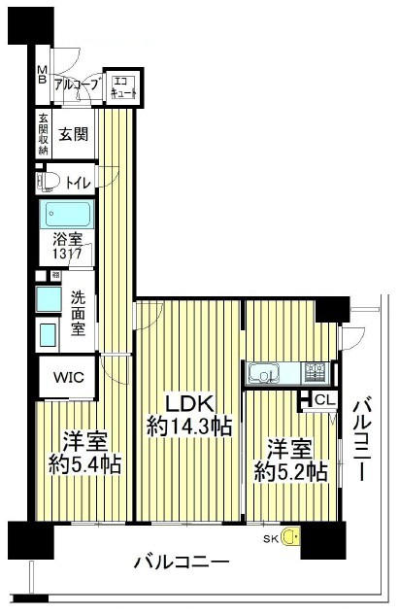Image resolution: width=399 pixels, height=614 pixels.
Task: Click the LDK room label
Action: (x=189, y=404)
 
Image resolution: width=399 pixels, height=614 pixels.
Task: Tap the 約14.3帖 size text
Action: (x=189, y=426)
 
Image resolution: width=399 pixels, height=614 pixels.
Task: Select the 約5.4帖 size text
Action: (x=84, y=464)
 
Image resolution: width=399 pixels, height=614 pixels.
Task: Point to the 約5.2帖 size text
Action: (x=290, y=471)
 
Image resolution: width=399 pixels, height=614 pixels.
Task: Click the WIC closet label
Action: (x=69, y=378)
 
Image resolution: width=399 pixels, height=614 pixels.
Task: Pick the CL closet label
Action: (x=325, y=400)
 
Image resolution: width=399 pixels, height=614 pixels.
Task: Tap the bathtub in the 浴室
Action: (x=69, y=214)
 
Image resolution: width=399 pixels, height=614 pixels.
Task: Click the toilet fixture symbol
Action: (x=48, y=183)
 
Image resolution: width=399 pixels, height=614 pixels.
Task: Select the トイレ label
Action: (x=79, y=183)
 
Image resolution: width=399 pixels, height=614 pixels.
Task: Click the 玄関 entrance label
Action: (x=74, y=134)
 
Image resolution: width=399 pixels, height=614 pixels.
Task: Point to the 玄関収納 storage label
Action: (x=43, y=134)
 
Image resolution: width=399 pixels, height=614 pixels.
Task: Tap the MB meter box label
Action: (x=42, y=75)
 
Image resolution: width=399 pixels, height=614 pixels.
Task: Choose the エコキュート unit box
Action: (x=123, y=86)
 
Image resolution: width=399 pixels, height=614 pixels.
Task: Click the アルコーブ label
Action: (x=76, y=85)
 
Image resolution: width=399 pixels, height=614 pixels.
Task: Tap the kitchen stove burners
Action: (x=316, y=372)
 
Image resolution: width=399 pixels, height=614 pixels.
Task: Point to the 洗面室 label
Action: (x=79, y=314)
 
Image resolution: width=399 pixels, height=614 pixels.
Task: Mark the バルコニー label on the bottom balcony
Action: (x=182, y=563)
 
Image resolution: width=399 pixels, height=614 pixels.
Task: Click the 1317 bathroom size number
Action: (x=67, y=255)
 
